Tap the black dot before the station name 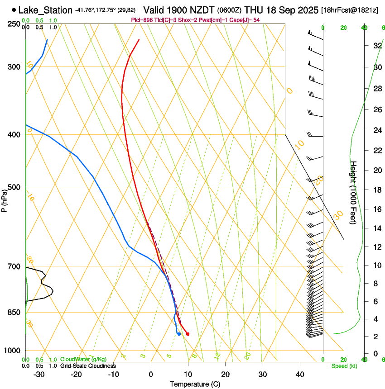14,10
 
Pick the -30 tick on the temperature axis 39,375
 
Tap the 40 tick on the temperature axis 300,375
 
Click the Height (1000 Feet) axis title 354,192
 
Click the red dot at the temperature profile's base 188,334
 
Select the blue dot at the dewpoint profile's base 179,334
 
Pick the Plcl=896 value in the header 141,20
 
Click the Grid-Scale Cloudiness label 88,365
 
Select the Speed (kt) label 344,365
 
